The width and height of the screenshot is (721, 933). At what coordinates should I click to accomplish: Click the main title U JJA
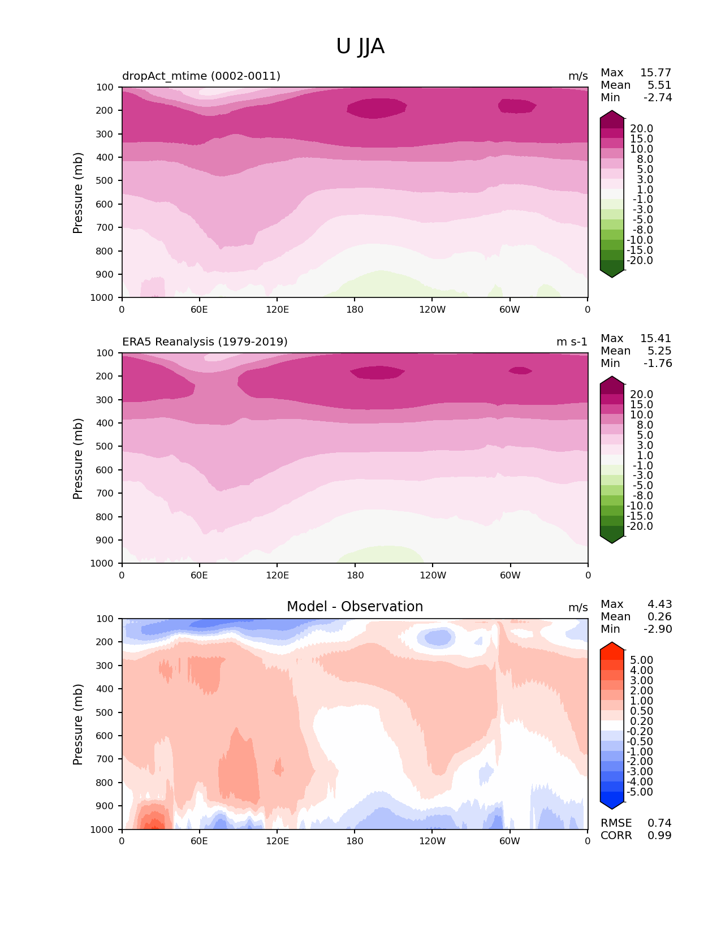(360, 46)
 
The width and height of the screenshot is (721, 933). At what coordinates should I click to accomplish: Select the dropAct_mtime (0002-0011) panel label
(201, 76)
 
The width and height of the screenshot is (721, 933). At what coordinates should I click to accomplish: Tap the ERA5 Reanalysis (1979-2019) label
(205, 342)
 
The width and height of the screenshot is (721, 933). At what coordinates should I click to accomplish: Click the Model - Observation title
(355, 607)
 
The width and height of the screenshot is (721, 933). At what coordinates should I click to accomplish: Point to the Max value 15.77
(655, 73)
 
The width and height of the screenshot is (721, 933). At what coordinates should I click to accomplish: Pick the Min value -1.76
(658, 364)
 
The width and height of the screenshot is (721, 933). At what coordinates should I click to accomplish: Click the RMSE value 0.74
(659, 823)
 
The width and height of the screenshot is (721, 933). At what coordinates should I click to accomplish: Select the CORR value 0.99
(659, 836)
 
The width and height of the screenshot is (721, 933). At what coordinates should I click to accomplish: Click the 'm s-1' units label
(572, 342)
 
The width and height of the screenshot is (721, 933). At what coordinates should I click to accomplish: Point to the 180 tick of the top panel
(355, 310)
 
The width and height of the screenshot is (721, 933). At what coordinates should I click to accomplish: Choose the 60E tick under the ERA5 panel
(199, 576)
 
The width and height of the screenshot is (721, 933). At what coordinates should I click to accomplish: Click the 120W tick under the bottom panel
(432, 841)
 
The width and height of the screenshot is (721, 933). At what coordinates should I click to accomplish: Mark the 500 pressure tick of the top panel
(105, 181)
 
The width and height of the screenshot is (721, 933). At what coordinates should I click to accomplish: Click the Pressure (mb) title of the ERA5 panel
(78, 459)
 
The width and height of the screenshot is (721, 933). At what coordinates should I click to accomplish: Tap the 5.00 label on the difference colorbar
(641, 660)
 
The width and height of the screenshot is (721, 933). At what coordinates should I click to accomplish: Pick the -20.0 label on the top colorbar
(640, 261)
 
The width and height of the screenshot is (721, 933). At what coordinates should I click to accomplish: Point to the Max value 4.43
(659, 604)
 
